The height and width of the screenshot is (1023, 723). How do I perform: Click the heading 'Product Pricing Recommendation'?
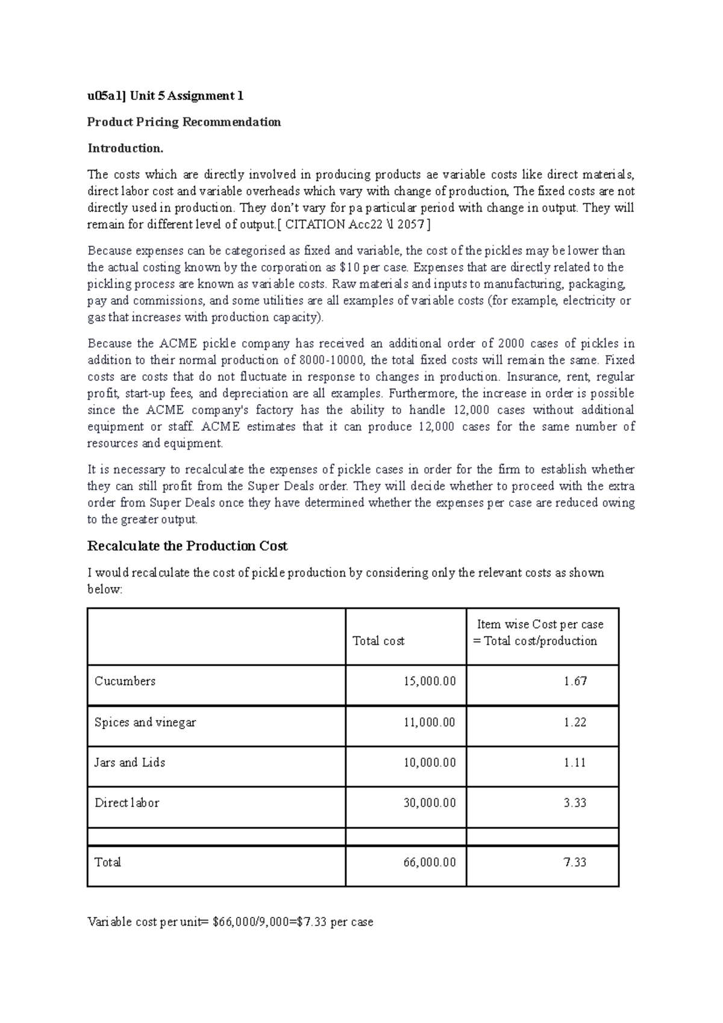point(184,122)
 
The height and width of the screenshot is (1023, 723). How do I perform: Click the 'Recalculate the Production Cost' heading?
point(187,546)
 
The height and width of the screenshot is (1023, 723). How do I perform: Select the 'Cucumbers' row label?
point(125,681)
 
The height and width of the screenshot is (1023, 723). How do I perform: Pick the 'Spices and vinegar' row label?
point(145,722)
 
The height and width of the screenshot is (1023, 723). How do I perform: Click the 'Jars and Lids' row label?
point(130,763)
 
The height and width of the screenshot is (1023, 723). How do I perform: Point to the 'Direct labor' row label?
point(127,803)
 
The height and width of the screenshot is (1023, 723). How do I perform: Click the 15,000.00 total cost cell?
point(429,681)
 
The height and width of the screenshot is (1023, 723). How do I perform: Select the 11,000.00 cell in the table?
point(429,722)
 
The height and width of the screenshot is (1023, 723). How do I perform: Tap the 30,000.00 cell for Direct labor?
point(429,803)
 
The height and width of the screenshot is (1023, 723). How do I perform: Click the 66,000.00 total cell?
point(429,863)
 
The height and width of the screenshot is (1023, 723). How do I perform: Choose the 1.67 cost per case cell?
point(575,681)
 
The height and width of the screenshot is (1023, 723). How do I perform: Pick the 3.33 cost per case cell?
point(575,803)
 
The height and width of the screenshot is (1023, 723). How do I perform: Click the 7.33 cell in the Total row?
point(575,863)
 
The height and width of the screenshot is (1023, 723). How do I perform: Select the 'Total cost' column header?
point(378,641)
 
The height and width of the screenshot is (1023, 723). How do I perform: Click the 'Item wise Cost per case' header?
point(540,625)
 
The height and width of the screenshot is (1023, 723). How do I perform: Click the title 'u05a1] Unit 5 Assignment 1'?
point(166,96)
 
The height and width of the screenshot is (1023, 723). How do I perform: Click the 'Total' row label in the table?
point(108,863)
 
